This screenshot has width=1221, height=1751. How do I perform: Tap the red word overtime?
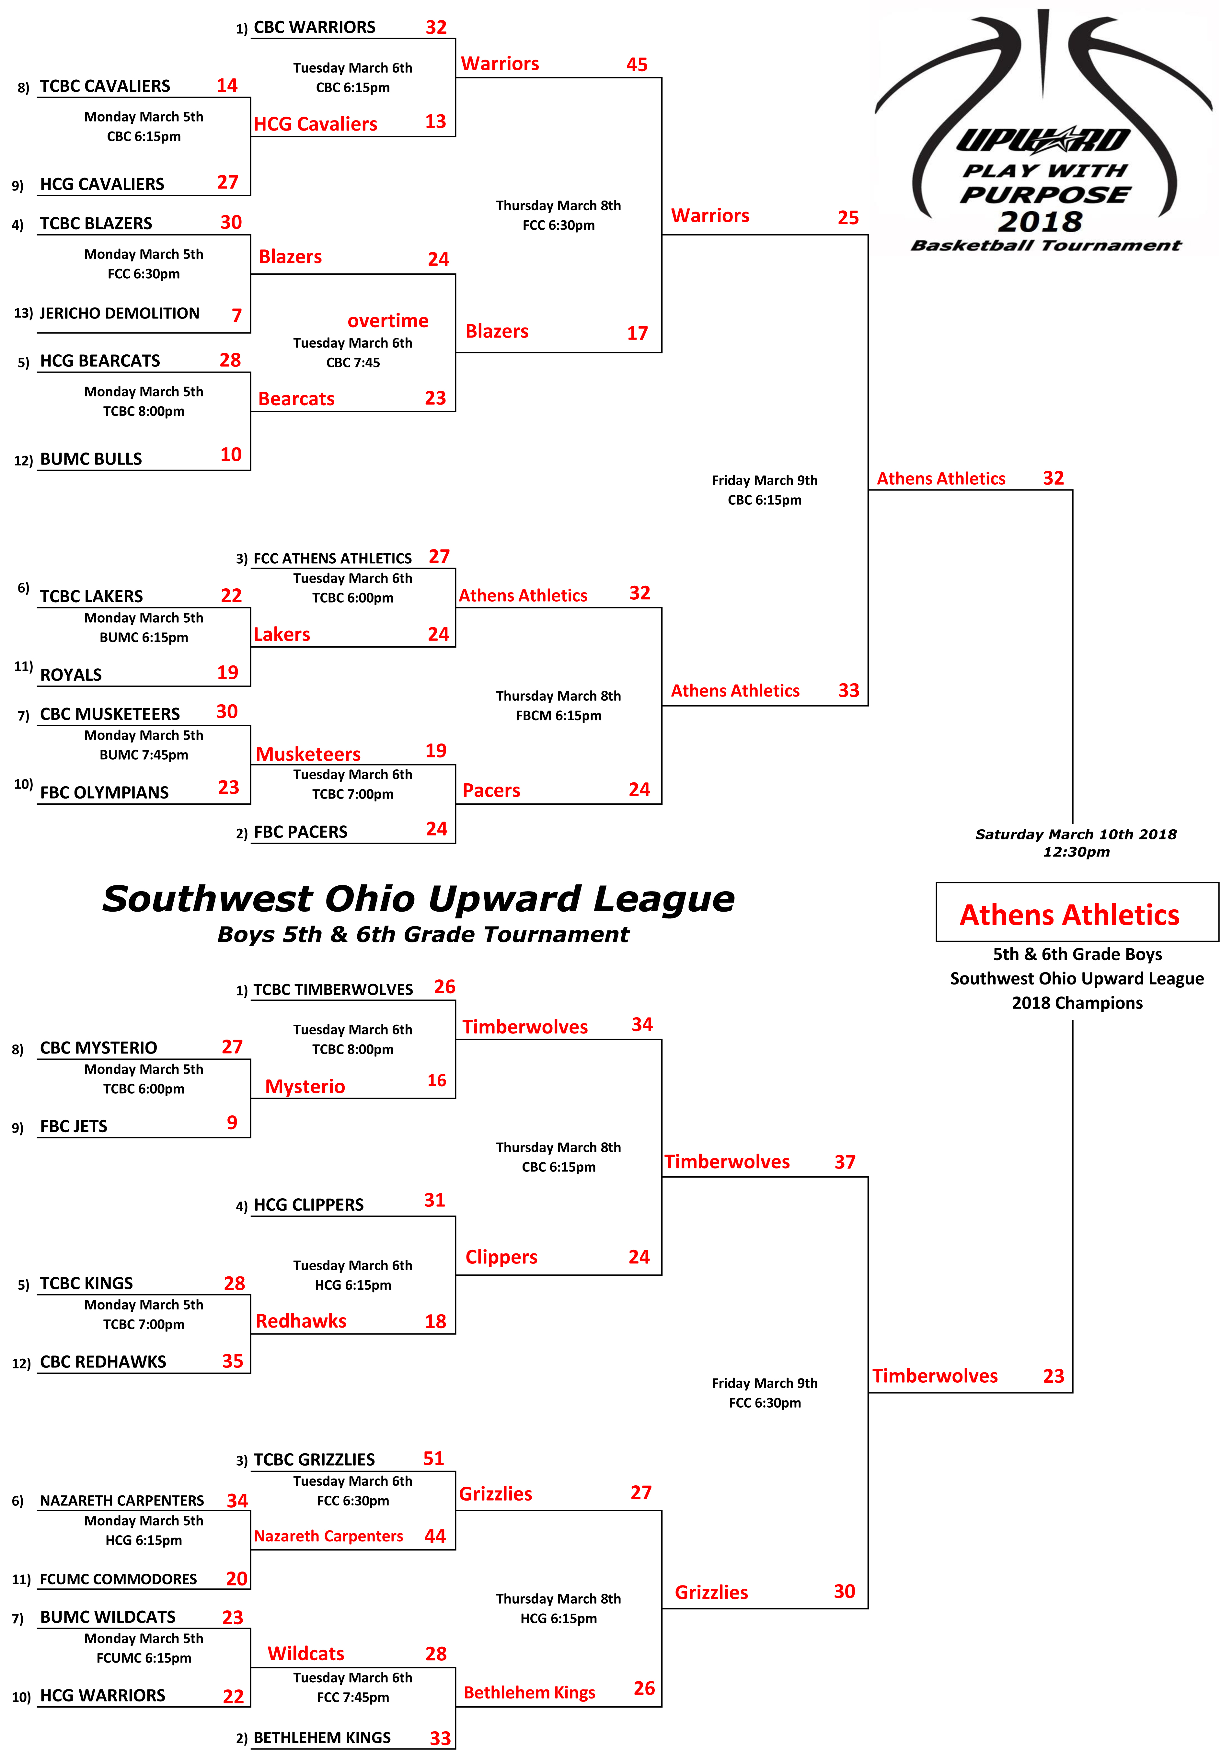click(x=388, y=320)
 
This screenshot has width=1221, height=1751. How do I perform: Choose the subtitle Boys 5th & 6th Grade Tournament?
click(x=423, y=934)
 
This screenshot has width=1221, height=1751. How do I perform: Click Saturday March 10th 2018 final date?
click(x=1076, y=834)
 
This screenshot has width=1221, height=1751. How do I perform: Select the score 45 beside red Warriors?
click(x=637, y=65)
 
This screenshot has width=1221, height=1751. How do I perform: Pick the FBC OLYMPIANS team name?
click(x=105, y=792)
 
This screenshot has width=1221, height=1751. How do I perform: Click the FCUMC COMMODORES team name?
click(x=118, y=1579)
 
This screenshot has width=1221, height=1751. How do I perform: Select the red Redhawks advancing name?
click(x=301, y=1321)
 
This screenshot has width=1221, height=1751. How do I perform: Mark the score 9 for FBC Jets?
click(x=232, y=1123)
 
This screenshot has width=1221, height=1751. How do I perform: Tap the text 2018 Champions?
click(x=1077, y=1003)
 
